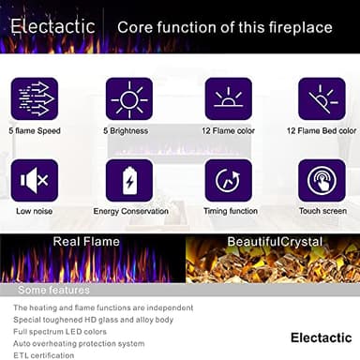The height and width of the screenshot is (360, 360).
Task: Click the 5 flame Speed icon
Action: click(34, 98)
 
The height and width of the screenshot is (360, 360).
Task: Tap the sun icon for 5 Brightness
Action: click(129, 98)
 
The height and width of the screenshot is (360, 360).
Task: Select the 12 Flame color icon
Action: click(228, 98)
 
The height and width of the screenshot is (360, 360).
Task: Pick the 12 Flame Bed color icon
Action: click(322, 98)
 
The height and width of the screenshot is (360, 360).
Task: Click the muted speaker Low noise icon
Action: click(34, 181)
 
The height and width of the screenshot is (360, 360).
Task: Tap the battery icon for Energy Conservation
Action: click(129, 181)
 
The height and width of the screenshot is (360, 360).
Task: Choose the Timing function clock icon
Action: click(228, 181)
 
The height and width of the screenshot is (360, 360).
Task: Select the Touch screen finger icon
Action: click(322, 181)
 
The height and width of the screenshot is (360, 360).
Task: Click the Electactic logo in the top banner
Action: click(52, 26)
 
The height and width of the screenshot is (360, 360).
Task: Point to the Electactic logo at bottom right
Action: click(321, 337)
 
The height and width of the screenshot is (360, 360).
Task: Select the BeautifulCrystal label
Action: click(275, 242)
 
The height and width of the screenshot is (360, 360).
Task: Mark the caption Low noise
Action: click(34, 211)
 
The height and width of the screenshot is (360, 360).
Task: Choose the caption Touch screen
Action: click(322, 211)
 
